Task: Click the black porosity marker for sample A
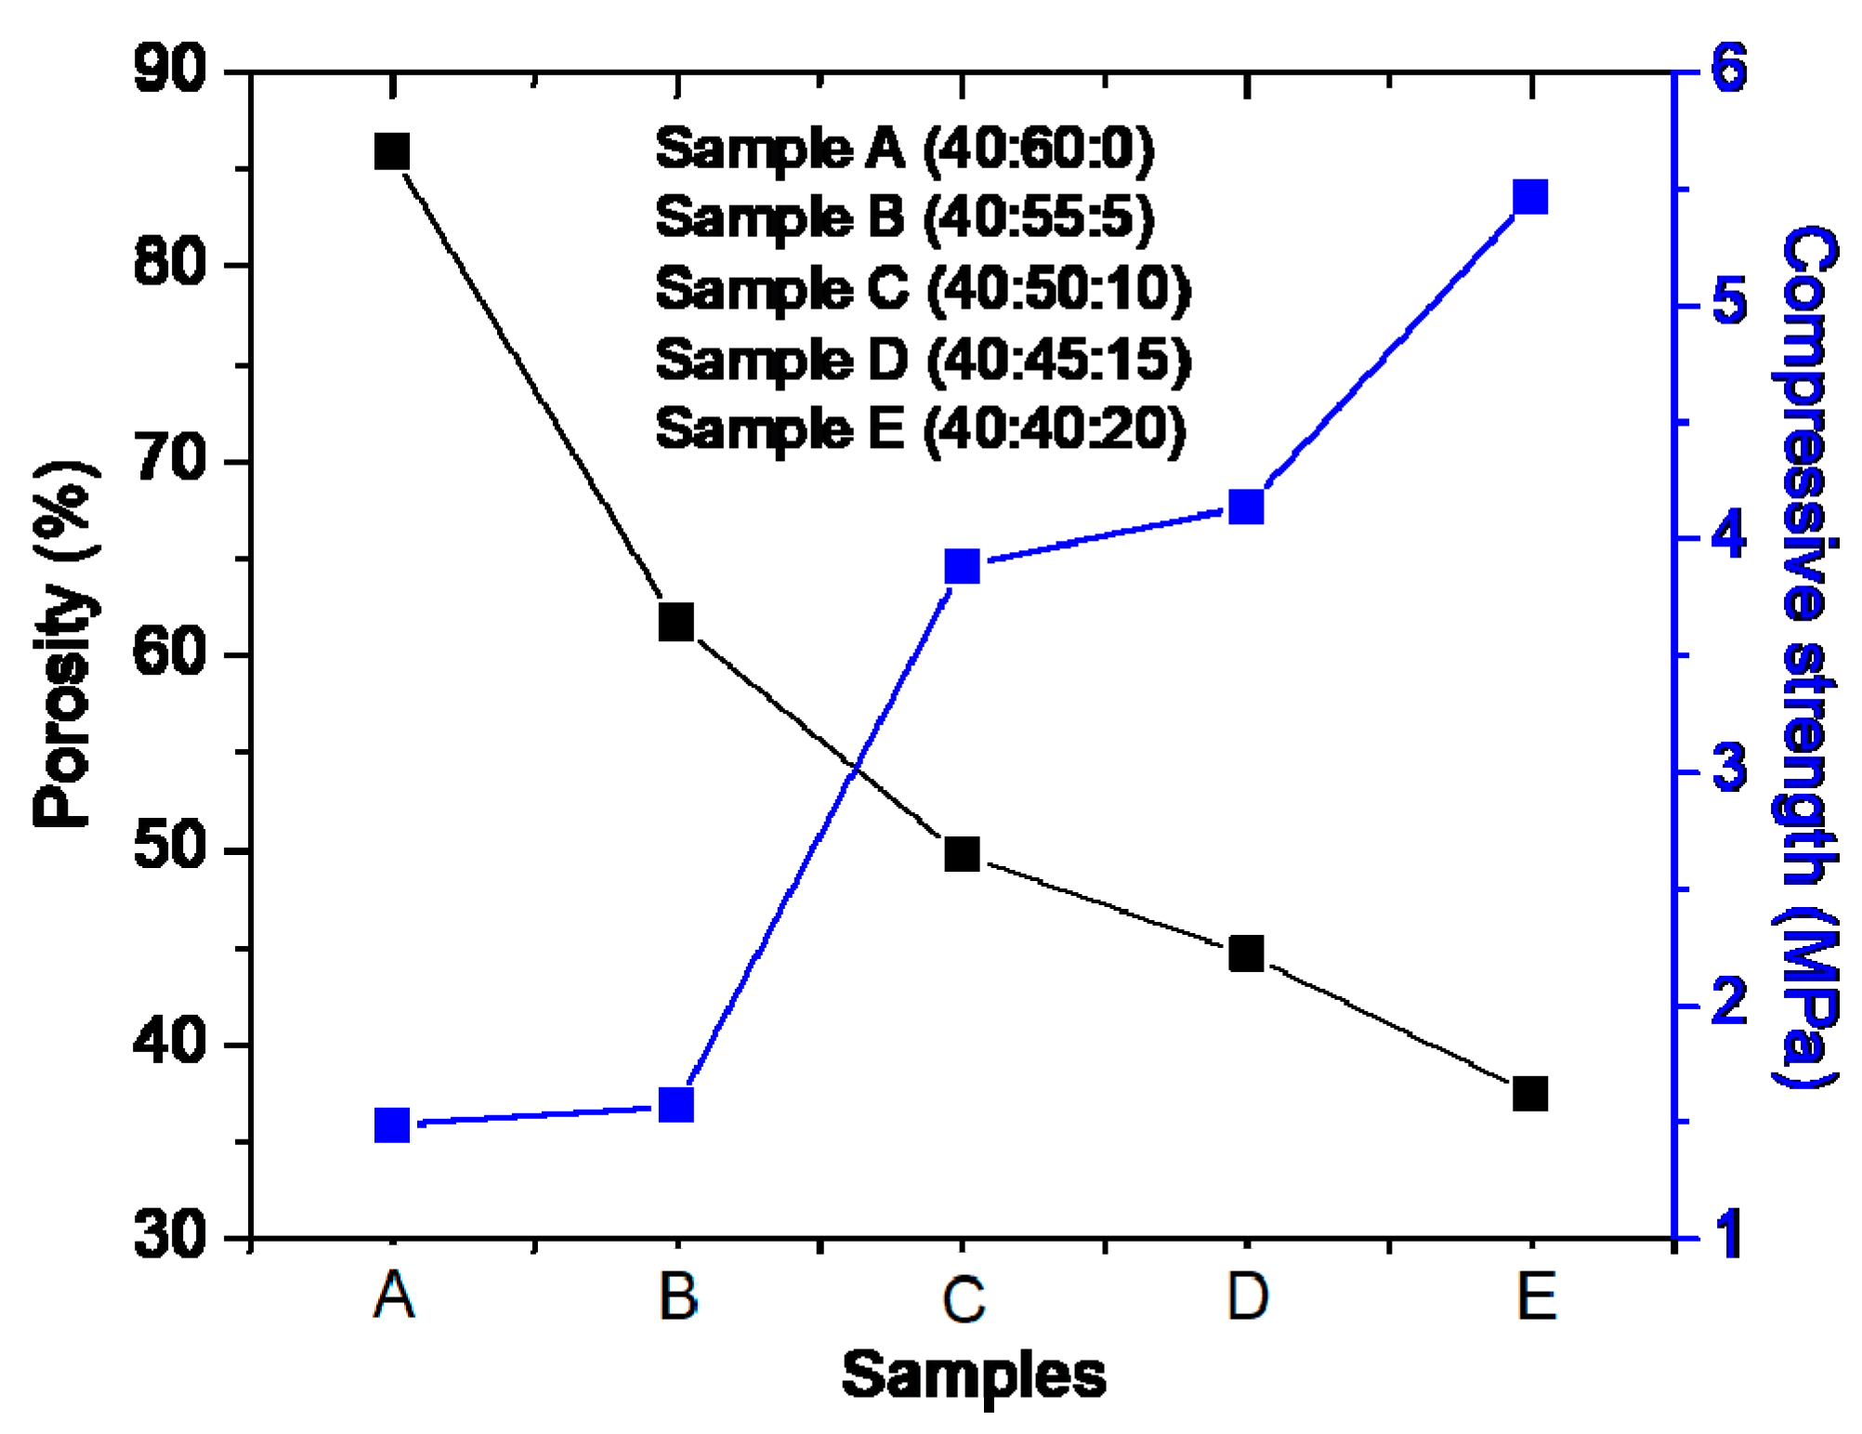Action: [392, 151]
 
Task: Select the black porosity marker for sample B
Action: [676, 622]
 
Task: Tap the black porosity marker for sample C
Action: [962, 853]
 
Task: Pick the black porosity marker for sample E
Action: [1530, 1093]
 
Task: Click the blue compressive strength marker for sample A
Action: [392, 1125]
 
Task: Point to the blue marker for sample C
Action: [962, 566]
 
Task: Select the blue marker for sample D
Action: [1246, 507]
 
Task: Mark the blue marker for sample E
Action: [1530, 198]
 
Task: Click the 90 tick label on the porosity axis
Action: [169, 69]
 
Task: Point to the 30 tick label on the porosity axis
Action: [169, 1236]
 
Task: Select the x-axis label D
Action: [1247, 1296]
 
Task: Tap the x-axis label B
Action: [677, 1296]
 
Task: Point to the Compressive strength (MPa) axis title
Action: [1807, 655]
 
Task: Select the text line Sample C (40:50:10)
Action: [922, 288]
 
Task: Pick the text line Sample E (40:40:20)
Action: [920, 429]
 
